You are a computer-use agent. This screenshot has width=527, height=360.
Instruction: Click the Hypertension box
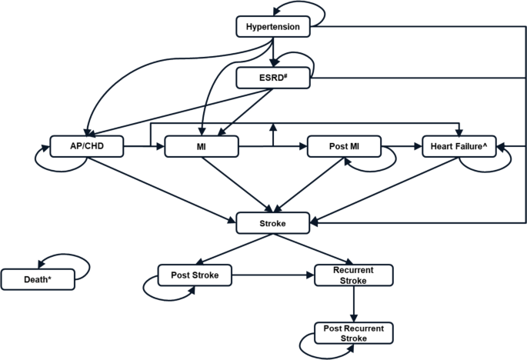[x=273, y=28]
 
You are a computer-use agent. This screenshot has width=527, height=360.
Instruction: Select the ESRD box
[x=273, y=78]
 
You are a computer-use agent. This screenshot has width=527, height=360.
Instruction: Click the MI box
[x=201, y=145]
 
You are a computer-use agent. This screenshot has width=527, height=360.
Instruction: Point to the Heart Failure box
[x=459, y=145]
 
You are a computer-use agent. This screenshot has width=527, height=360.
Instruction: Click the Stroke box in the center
[x=273, y=223]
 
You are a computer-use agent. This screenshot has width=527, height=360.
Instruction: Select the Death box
[x=38, y=278]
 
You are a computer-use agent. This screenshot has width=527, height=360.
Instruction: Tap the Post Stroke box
[x=194, y=274]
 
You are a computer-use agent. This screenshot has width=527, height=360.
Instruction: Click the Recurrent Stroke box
[x=354, y=275]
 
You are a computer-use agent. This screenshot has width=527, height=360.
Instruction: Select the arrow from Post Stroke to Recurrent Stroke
[x=273, y=274]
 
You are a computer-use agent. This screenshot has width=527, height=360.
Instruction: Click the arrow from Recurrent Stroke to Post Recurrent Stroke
[x=354, y=305]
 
